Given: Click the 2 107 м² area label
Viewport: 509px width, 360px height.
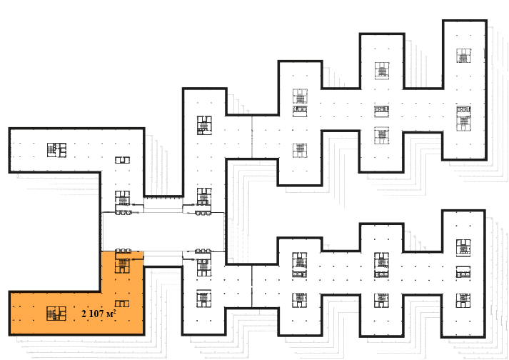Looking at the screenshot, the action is point(99,314).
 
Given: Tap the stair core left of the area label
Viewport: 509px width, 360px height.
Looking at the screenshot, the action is point(56,314).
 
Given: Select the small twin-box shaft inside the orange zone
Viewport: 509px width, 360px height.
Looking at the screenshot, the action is point(122,304).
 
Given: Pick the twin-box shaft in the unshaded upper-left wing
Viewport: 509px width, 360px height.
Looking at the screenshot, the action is point(122,160).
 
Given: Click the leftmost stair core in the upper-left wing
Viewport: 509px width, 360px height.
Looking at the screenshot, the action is point(56,150).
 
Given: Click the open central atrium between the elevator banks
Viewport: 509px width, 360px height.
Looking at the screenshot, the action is point(163,231).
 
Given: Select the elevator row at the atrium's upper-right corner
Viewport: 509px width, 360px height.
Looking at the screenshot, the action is point(203,213).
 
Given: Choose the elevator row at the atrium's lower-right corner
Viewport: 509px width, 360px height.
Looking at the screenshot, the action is point(203,251).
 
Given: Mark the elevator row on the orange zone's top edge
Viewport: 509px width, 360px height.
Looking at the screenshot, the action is point(124,251).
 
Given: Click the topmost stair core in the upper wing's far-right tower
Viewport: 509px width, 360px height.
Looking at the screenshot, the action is point(463,56).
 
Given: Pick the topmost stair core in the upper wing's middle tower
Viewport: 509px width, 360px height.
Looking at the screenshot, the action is point(382,70).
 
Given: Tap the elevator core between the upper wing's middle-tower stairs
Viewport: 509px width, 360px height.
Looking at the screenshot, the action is point(382,111).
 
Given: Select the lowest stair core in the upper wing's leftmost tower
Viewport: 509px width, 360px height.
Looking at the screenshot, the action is point(300,151).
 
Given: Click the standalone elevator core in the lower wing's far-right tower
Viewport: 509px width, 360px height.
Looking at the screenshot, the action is point(463,271).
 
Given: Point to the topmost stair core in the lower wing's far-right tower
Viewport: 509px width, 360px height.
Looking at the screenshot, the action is point(463,247).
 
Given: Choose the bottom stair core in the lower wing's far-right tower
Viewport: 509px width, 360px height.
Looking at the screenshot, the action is point(463,301).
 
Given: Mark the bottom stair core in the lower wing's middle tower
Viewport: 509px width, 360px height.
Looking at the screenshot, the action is point(381,301).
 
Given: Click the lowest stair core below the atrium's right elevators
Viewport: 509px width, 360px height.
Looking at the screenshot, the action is point(204,299).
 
